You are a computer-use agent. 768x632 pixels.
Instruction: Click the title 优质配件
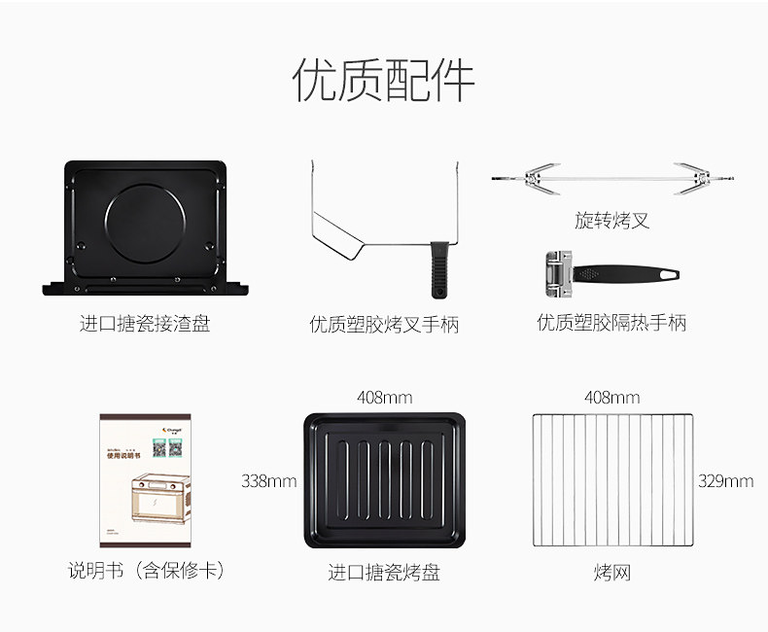(x=383, y=81)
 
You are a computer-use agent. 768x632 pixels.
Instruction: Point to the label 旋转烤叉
(x=611, y=221)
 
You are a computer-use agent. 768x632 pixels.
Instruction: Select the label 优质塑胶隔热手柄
(x=611, y=322)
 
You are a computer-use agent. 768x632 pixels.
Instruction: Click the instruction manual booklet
(x=145, y=481)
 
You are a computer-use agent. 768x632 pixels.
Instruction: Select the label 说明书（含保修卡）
(x=146, y=571)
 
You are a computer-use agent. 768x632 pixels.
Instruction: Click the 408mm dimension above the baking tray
(x=384, y=397)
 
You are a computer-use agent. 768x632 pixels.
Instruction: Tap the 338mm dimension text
(x=269, y=480)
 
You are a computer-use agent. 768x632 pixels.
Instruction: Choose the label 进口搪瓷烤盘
(x=384, y=573)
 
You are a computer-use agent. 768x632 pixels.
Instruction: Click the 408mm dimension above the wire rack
(x=611, y=397)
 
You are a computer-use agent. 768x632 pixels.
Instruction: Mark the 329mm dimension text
(x=725, y=480)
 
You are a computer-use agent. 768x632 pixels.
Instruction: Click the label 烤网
(x=612, y=573)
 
